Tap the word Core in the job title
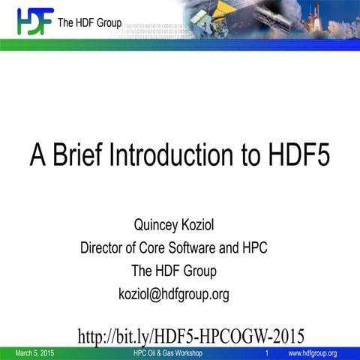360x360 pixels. click(156, 247)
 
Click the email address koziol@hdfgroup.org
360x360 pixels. click(173, 294)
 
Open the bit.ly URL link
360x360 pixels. click(190, 334)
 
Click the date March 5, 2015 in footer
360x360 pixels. click(34, 352)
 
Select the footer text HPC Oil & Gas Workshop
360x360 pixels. click(167, 352)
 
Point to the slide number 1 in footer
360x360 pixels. click(267, 352)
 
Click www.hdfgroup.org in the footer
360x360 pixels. click(312, 352)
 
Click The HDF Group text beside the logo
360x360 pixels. click(88, 22)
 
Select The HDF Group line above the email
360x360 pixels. click(173, 271)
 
